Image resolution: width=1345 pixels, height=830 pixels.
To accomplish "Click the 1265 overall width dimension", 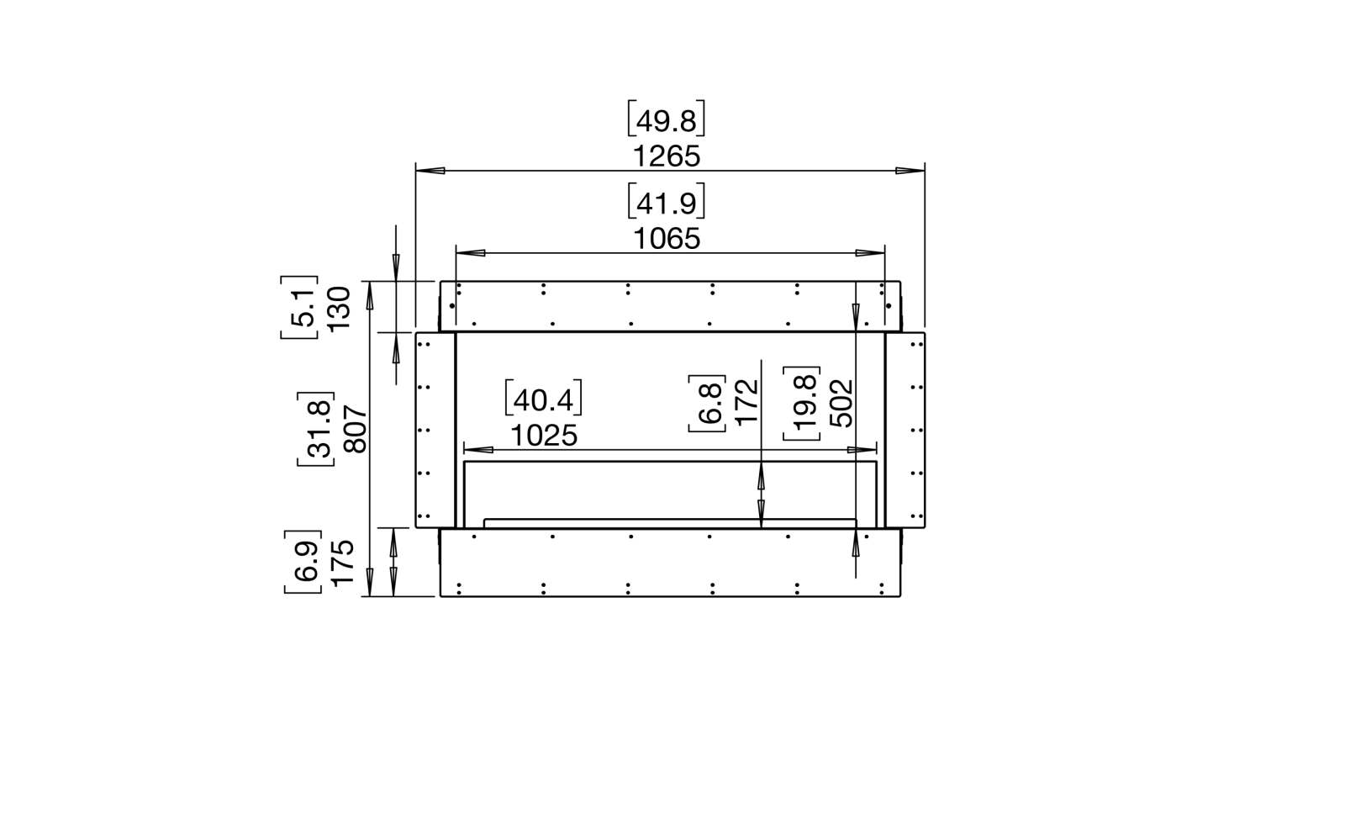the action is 667,156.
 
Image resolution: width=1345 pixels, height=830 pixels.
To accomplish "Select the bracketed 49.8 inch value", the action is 666,119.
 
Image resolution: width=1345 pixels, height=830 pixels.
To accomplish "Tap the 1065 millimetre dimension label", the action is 667,239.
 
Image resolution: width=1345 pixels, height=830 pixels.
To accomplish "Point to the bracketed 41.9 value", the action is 666,202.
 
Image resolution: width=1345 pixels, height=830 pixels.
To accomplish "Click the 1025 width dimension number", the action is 544,436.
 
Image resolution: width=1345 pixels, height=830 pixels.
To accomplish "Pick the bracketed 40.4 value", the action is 543,399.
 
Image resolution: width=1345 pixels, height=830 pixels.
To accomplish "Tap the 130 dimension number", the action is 340,308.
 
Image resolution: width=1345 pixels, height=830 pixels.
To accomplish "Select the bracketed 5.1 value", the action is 300,308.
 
